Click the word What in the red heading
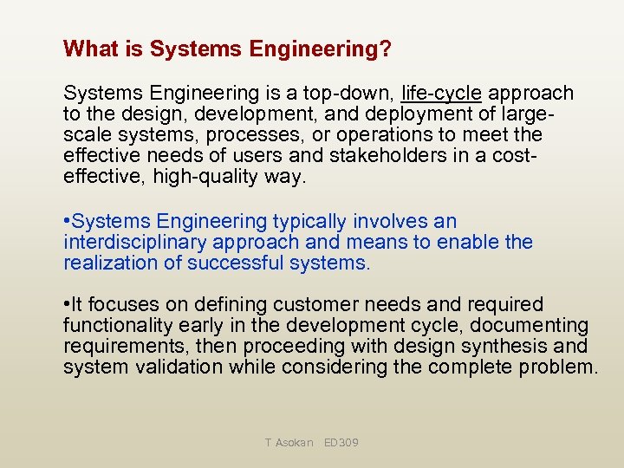(x=89, y=49)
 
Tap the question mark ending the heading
(x=385, y=49)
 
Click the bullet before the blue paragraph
(x=67, y=222)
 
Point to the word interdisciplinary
(x=135, y=243)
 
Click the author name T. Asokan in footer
(x=289, y=443)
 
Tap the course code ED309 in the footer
(x=341, y=443)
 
